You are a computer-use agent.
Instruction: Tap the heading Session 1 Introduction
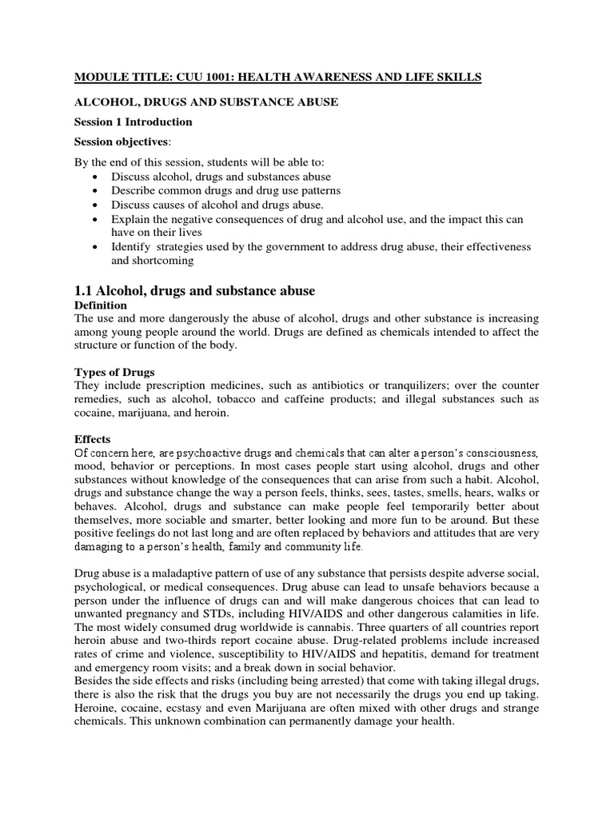134,122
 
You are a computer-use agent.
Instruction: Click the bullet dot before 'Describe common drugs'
97,191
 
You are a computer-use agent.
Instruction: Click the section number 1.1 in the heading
86,290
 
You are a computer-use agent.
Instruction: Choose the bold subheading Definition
101,306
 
